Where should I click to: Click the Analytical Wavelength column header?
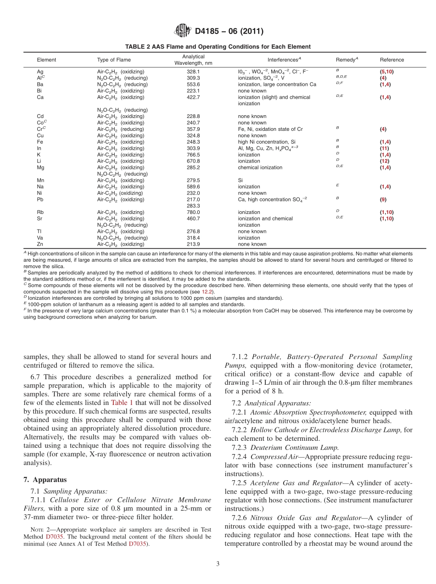[x=193, y=60]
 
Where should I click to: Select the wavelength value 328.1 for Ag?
[x=193, y=72]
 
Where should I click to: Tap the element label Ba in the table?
[x=40, y=84]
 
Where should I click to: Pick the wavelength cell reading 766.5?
[x=193, y=155]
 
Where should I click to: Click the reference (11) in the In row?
[x=384, y=148]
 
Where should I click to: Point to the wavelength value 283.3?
[x=193, y=206]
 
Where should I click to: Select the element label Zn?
[x=40, y=244]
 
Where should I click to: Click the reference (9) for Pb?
[x=383, y=199]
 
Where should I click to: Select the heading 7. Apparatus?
[x=45, y=480]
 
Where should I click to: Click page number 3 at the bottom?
[x=218, y=564]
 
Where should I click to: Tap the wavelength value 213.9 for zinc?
[x=193, y=244]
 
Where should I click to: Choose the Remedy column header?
[x=347, y=60]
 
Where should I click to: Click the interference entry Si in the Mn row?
[x=240, y=180]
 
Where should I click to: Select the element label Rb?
[x=40, y=212]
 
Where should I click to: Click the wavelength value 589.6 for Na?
[x=193, y=187]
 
